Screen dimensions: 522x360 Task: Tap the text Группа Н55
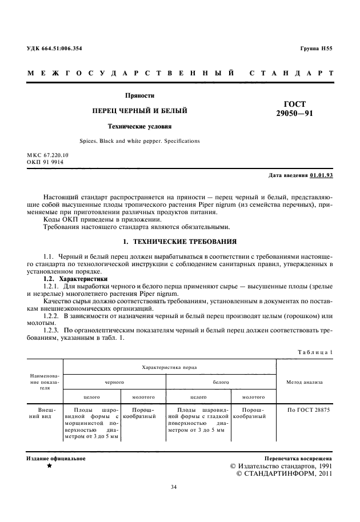pos(316,49)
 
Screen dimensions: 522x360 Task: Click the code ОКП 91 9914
pos(45,162)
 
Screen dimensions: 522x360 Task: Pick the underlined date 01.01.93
pos(322,174)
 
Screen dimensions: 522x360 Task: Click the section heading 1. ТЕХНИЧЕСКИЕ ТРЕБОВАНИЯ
pos(179,242)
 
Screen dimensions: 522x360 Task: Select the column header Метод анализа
pos(305,382)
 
